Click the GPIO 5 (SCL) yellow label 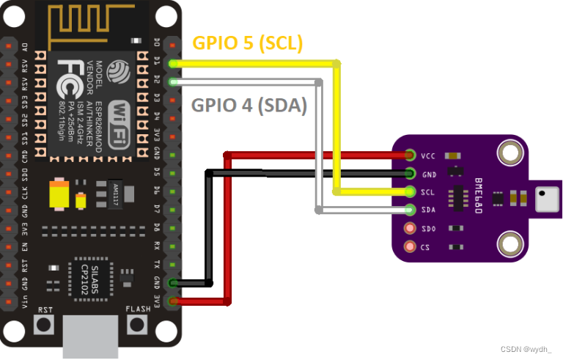tap(248, 43)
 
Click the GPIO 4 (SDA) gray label tap(249, 105)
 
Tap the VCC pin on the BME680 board tap(410, 155)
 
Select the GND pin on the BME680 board tap(410, 174)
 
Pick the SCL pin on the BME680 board tap(410, 192)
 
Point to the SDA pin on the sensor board tap(410, 210)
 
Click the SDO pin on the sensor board tap(410, 229)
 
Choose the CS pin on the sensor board tap(410, 247)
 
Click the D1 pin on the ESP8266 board tap(172, 64)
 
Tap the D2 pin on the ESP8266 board tap(172, 81)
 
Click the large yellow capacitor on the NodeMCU tap(59, 196)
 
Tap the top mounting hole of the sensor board tap(509, 153)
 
